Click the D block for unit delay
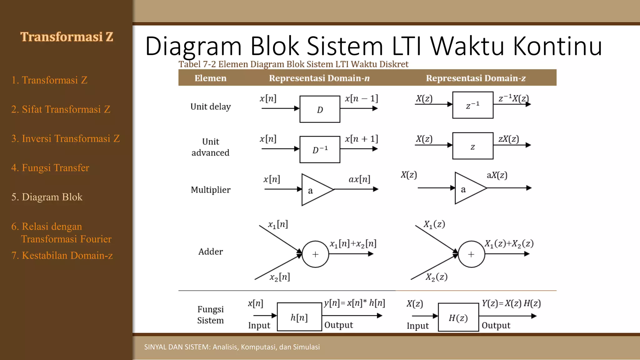320,109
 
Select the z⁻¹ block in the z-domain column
472,105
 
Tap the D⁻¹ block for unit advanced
320,149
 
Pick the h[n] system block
299,317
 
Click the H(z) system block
458,317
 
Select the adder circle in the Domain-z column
471,254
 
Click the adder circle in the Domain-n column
315,254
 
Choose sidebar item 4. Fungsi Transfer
50,168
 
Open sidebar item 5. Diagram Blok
47,197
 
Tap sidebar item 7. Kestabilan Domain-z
62,255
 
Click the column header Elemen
210,78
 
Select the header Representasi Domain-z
476,78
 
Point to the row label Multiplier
211,190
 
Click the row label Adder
211,252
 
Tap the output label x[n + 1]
361,139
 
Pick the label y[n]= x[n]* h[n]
354,303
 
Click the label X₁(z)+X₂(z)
509,243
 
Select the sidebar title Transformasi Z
67,37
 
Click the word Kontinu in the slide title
557,46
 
